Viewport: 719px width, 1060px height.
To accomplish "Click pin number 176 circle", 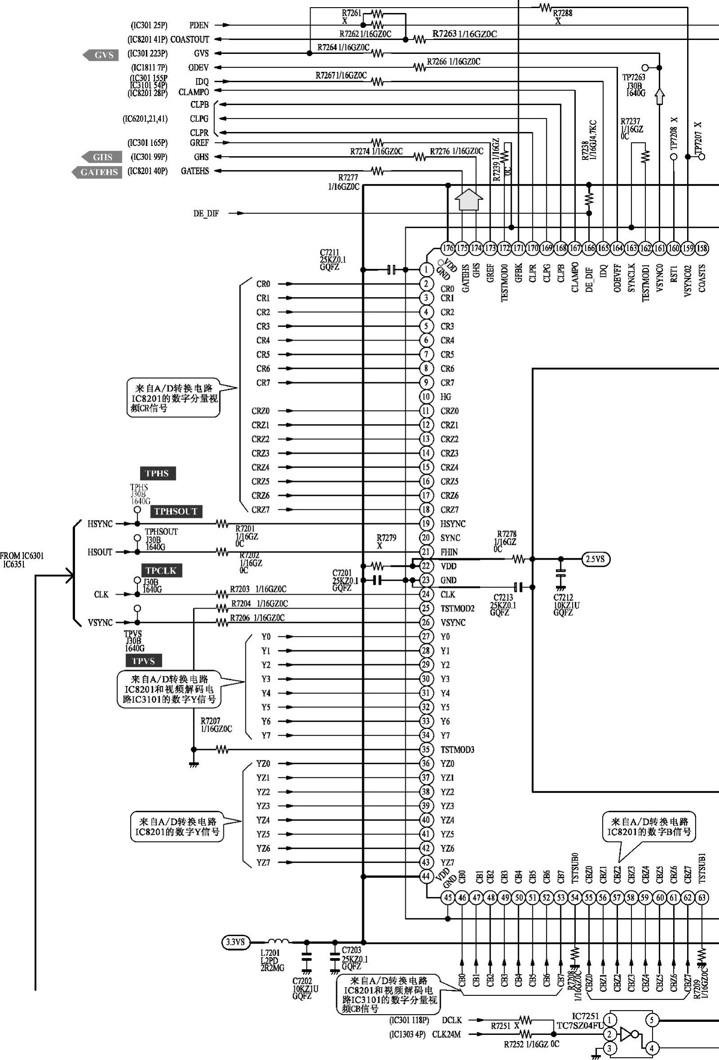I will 448,248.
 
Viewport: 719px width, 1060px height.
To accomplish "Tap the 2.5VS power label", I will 596,559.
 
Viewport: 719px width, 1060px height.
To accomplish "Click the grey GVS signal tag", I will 101,55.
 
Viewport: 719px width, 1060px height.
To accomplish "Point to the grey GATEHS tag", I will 97,172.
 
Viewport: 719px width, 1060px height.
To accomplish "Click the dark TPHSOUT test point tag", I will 176,511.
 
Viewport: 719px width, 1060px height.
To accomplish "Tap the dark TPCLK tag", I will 161,570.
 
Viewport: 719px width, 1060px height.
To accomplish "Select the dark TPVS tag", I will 144,661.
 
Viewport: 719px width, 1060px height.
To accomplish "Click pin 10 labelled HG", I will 426,397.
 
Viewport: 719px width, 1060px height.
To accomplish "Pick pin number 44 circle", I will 426,876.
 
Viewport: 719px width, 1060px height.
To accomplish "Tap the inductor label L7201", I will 270,953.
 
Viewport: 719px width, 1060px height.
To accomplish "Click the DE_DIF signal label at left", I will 206,214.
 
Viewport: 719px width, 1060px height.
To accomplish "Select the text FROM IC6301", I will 22,556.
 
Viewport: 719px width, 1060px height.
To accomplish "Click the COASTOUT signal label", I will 190,39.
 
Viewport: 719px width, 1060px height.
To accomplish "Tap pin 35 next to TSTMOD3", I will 426,749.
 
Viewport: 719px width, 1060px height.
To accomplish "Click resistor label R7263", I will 444,34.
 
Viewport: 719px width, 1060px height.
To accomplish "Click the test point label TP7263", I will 634,77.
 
